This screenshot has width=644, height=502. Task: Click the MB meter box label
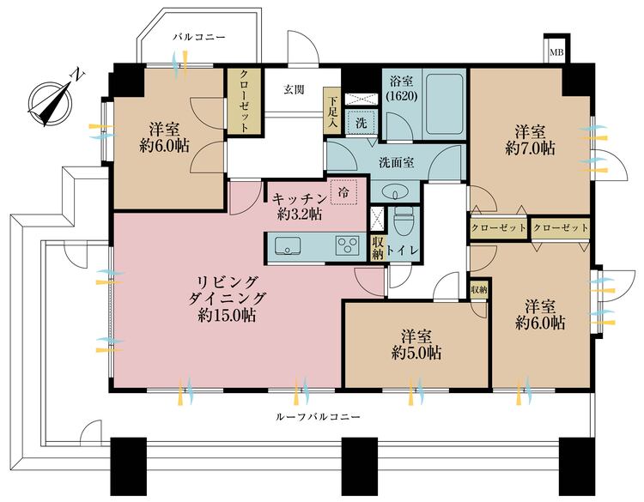tap(556, 52)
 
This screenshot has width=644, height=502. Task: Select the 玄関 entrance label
tap(295, 89)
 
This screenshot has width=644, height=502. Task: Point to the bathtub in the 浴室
tap(445, 104)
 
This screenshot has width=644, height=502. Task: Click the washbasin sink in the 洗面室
tap(395, 192)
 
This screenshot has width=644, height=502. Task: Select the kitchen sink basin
tap(287, 246)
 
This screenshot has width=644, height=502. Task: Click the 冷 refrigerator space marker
tap(343, 191)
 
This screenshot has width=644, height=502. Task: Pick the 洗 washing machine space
tap(361, 123)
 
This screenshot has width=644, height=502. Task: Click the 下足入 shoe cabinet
tap(331, 111)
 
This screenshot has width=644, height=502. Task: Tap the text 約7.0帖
tap(531, 148)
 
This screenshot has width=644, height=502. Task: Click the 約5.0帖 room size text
tap(416, 353)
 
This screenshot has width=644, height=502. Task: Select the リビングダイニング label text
tap(228, 291)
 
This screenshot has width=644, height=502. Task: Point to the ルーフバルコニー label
tap(317, 417)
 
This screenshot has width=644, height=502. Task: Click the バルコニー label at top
tap(199, 38)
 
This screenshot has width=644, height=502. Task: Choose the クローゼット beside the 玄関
tap(244, 100)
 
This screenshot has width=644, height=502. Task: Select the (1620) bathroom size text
tap(402, 96)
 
